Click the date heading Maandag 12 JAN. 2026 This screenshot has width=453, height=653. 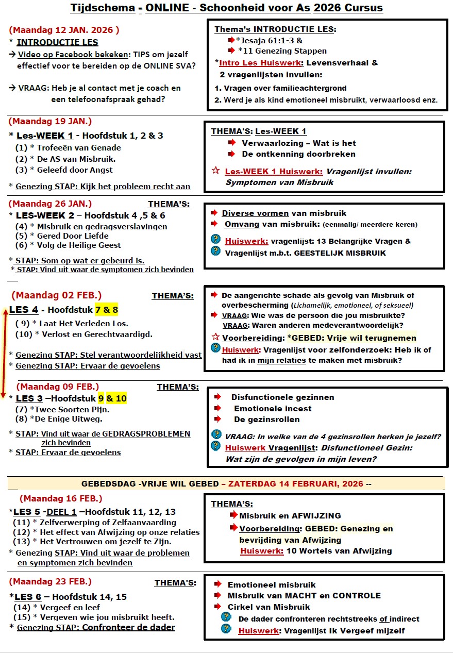pos(64,30)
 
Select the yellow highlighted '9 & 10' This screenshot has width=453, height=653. pos(112,398)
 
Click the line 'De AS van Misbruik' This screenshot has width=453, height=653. pos(72,159)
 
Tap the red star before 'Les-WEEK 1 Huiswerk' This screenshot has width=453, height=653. pos(216,171)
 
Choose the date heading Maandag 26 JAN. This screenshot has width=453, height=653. pos(50,203)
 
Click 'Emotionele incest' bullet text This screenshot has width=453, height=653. pos(273,408)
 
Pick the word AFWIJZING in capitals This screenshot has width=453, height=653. pos(309,515)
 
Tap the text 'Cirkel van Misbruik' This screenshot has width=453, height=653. pos(269,607)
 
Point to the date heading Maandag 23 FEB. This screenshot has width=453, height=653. pos(50,581)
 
